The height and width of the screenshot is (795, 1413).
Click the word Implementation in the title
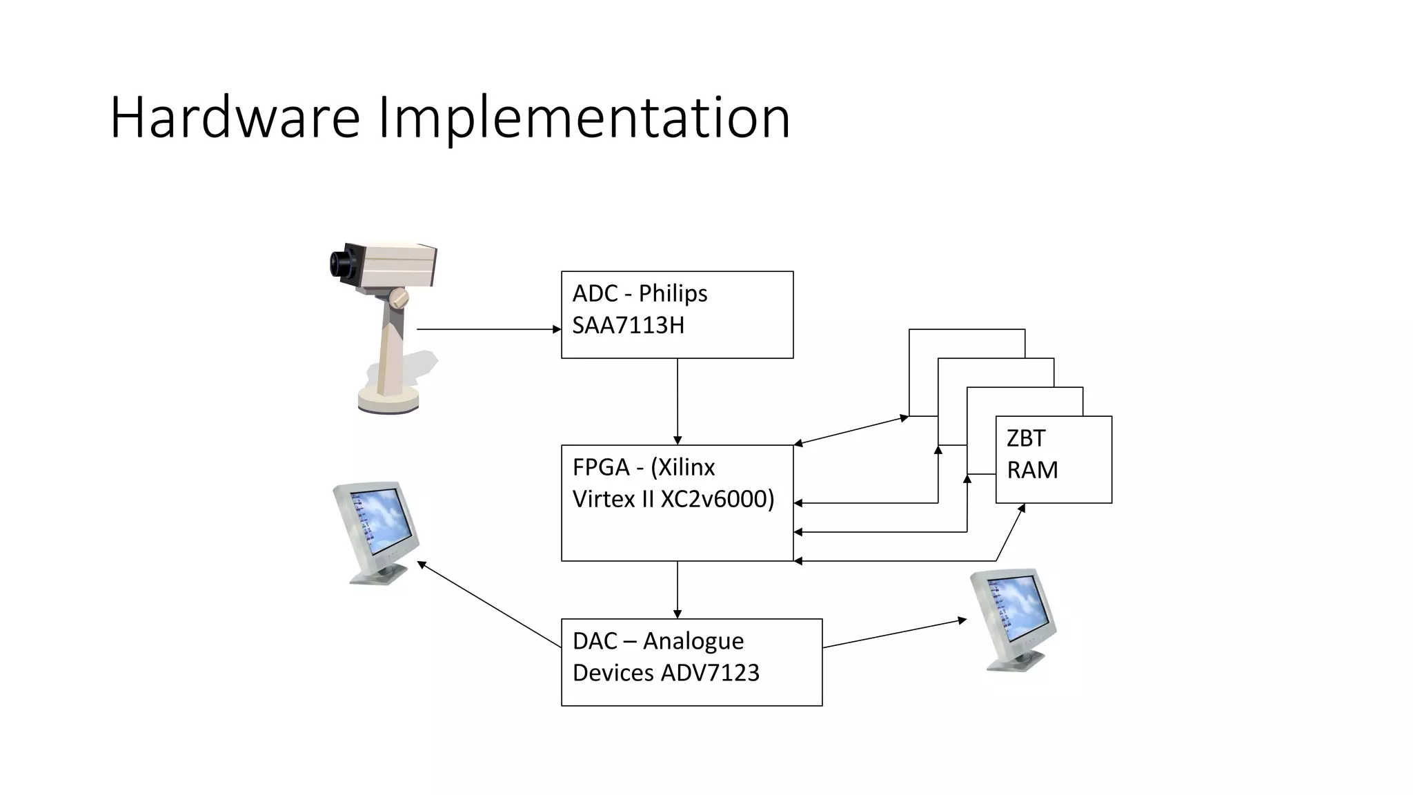pos(584,119)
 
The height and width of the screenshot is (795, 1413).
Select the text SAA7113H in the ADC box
pos(628,325)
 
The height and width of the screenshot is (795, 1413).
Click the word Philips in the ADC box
pos(673,293)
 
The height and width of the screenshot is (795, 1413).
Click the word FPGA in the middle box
pos(600,467)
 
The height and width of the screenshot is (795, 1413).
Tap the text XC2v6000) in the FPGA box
pos(718,499)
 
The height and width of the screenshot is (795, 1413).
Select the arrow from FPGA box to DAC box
pos(678,590)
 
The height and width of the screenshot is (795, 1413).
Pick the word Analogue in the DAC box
pos(693,641)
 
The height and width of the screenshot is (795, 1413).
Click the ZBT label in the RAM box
pos(1026,438)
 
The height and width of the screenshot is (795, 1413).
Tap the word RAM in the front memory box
pos(1032,470)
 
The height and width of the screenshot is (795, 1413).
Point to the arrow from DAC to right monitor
pos(894,634)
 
